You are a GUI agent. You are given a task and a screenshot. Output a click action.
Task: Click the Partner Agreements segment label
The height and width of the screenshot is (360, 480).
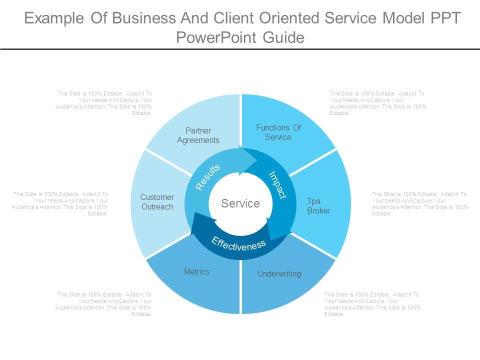198,135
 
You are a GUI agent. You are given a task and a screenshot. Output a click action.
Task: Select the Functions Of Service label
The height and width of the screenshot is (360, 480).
278,132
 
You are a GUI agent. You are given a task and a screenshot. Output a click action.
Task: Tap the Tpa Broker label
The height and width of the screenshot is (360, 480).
318,206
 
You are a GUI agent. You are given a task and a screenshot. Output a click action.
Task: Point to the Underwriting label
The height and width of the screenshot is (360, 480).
279,273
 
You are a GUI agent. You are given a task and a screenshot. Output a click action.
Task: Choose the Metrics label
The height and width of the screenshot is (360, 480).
197,271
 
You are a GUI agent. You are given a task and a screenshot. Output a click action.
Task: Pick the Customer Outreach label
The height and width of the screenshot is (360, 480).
157,202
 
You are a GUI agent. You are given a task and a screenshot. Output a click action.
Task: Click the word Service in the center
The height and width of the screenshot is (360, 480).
240,203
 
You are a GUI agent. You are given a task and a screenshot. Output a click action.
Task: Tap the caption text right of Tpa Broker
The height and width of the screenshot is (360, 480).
420,203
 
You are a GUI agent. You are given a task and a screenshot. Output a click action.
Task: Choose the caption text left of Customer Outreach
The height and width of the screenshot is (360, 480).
60,203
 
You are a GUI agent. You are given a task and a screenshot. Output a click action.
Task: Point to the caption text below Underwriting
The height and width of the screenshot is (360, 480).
372,304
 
